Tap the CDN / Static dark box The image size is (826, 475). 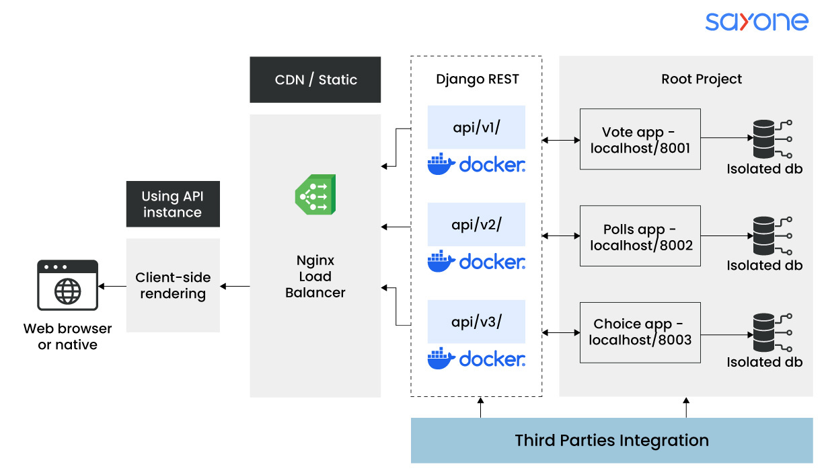tap(315, 79)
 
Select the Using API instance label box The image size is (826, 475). tap(173, 204)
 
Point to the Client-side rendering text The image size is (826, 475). tap(173, 285)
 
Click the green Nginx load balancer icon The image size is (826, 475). tap(315, 194)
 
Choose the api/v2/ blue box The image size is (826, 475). tap(476, 225)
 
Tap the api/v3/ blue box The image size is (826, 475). tap(476, 322)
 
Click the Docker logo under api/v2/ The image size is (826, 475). tap(476, 261)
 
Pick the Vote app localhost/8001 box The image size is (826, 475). tap(640, 139)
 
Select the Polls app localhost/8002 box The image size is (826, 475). tap(640, 236)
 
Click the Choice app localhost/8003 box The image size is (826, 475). tap(640, 332)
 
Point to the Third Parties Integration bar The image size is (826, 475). tap(611, 441)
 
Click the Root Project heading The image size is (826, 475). tap(702, 79)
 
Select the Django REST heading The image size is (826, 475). tap(477, 79)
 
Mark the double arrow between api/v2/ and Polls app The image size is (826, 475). tap(561, 236)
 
